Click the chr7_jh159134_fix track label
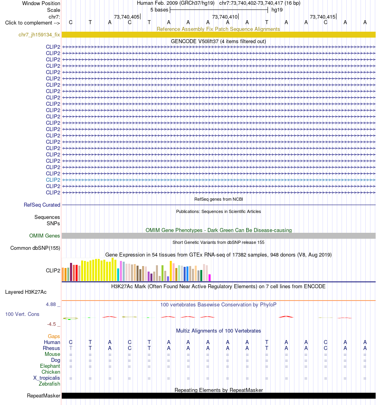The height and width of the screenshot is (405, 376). (39, 34)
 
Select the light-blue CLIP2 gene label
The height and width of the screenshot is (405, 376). (53, 180)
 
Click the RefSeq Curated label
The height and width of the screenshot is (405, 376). (42, 205)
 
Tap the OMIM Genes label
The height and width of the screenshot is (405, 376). (44, 236)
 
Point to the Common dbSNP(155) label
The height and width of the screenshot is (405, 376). (35, 248)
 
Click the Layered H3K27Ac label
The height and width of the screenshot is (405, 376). (26, 292)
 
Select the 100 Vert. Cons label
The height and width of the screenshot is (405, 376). (22, 314)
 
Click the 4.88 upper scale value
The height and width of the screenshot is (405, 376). (51, 304)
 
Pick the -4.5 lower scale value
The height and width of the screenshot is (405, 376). (51, 324)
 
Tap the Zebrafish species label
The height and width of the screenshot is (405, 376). (49, 384)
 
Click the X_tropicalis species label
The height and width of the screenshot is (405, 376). (46, 378)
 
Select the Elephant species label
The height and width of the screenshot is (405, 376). (50, 366)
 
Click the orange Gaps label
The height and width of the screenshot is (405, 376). (54, 336)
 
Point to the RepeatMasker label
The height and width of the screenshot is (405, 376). (44, 396)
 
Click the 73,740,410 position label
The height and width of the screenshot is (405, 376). (225, 17)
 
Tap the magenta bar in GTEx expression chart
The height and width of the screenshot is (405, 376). (209, 278)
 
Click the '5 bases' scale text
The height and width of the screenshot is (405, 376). (160, 10)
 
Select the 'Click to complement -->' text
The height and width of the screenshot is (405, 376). (32, 23)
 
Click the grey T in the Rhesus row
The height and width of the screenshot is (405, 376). (71, 348)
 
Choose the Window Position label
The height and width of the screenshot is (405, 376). (41, 3)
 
